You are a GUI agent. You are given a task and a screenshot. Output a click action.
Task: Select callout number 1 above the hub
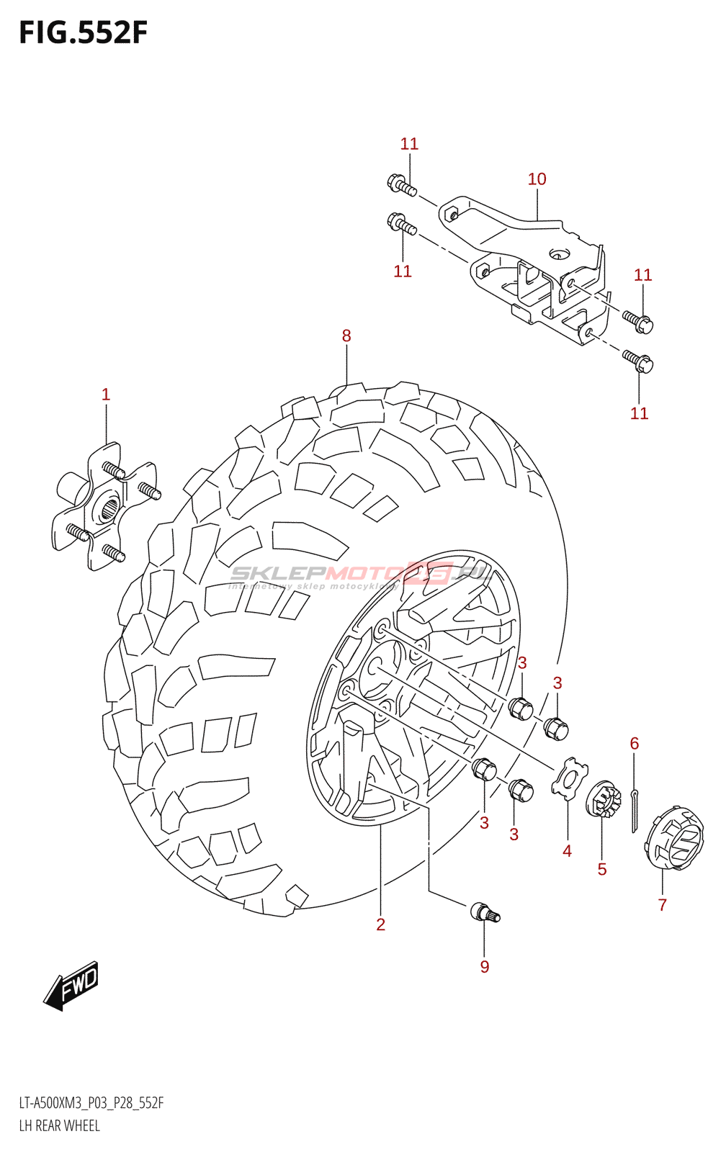[106, 395]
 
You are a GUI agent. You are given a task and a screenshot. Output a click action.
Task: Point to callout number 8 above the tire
[346, 336]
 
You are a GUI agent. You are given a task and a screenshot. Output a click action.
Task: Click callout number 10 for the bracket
[537, 179]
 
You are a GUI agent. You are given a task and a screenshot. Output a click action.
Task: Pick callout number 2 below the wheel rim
[380, 924]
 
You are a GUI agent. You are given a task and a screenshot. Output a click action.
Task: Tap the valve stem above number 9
[485, 913]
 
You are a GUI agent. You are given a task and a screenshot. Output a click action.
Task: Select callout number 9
[485, 967]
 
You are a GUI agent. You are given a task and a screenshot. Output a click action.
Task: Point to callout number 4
[567, 852]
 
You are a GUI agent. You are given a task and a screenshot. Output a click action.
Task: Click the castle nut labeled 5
[604, 801]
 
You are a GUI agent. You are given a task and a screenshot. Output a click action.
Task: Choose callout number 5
[602, 870]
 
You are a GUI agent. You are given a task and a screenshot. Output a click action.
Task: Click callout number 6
[635, 743]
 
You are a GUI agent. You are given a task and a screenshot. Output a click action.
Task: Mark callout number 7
[663, 905]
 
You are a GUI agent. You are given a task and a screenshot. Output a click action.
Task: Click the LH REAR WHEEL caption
[59, 1125]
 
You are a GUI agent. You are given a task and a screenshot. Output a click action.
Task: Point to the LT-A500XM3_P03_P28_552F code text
[91, 1103]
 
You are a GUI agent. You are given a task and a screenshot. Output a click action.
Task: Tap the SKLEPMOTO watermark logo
[360, 575]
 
